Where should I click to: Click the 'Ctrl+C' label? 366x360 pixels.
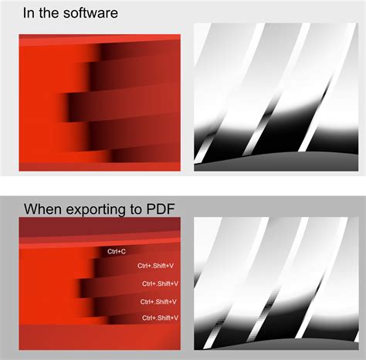[117, 251]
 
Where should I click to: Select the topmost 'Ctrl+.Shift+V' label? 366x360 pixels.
[157, 266]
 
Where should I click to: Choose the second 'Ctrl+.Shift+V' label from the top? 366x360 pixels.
[160, 284]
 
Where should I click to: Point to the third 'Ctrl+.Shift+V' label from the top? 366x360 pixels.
[159, 301]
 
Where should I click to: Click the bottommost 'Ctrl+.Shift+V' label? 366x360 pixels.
[161, 318]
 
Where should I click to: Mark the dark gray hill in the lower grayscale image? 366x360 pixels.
[270, 341]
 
